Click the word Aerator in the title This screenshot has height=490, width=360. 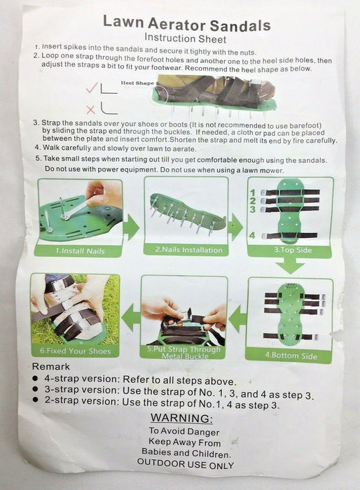[176, 24]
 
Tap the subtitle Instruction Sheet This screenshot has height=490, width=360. [185, 38]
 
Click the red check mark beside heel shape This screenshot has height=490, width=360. [92, 87]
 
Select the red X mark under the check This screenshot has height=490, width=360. [91, 110]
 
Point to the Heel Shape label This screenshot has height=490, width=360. [137, 83]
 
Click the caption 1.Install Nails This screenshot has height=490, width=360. [80, 251]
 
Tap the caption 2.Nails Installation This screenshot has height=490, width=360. [189, 250]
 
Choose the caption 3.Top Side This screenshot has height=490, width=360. [293, 250]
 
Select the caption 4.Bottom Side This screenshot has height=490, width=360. [291, 356]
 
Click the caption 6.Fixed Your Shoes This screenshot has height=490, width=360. [76, 351]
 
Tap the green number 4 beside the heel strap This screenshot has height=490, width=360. [252, 235]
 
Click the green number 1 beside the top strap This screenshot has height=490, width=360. [253, 192]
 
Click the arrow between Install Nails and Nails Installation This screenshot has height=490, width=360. [132, 227]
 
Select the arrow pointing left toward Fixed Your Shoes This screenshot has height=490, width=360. [131, 317]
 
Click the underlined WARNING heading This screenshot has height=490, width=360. [181, 418]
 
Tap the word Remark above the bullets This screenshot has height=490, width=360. [51, 367]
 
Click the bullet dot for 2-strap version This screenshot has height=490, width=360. [35, 400]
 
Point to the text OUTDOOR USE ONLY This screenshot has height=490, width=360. [186, 463]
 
